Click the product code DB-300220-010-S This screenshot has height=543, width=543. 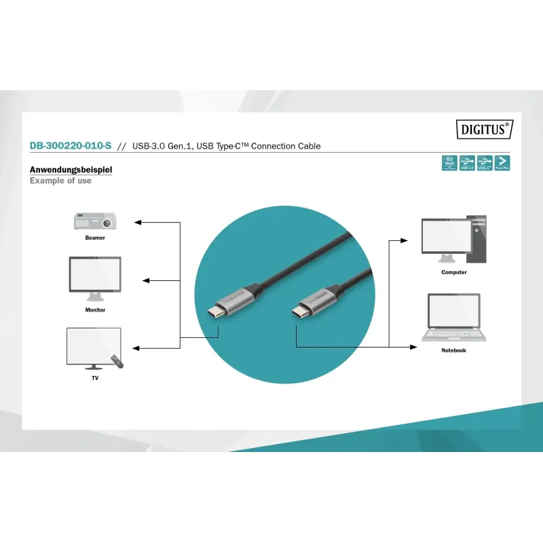pyautogui.click(x=71, y=146)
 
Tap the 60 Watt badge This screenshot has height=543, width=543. pyautogui.click(x=449, y=163)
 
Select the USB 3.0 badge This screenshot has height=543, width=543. pyautogui.click(x=466, y=163)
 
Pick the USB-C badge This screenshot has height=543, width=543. pyautogui.click(x=484, y=163)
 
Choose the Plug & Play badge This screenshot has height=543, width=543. pyautogui.click(x=502, y=163)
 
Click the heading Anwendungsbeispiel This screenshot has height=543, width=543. pyautogui.click(x=71, y=170)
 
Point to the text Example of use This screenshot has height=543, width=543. pyautogui.click(x=60, y=181)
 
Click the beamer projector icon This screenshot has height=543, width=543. pyautogui.click(x=95, y=221)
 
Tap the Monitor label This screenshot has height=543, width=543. pyautogui.click(x=95, y=310)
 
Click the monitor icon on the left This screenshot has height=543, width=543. pyautogui.click(x=95, y=278)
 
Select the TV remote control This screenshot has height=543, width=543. pyautogui.click(x=118, y=362)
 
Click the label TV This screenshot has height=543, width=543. pyautogui.click(x=95, y=378)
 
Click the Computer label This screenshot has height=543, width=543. pyautogui.click(x=454, y=272)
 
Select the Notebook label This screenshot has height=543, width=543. pyautogui.click(x=454, y=350)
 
